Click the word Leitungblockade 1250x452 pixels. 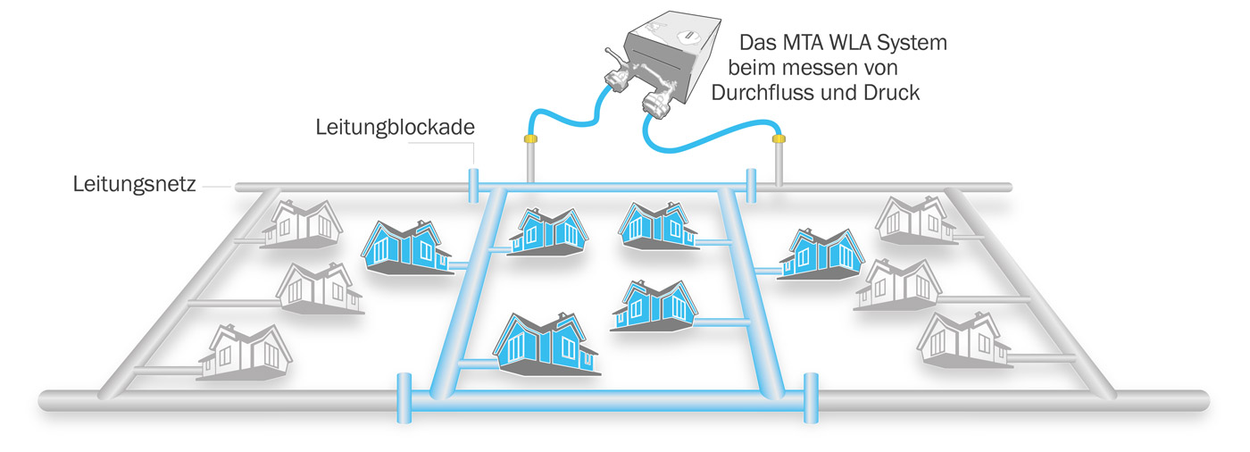(x=394, y=128)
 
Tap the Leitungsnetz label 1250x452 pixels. (x=134, y=186)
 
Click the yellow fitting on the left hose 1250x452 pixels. (x=529, y=139)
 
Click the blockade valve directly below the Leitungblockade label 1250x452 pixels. (x=473, y=183)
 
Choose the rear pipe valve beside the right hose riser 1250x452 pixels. (x=752, y=186)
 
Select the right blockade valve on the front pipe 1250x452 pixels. (x=810, y=396)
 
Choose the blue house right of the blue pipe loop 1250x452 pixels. (x=818, y=253)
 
